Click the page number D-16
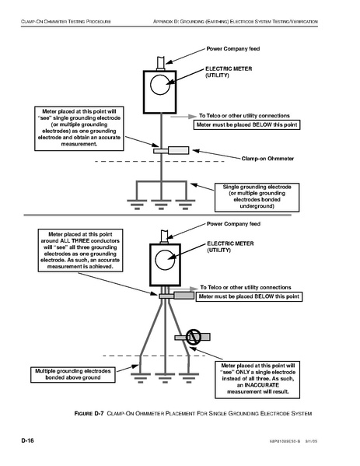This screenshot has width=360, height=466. [x=28, y=440]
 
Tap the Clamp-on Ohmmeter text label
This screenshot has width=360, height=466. [x=267, y=159]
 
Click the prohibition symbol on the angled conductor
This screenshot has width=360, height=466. [x=194, y=336]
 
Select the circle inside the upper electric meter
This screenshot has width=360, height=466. [x=160, y=85]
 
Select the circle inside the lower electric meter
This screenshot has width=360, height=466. [x=165, y=260]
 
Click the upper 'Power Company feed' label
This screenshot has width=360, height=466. [x=233, y=49]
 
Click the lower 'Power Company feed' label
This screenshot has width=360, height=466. [x=233, y=224]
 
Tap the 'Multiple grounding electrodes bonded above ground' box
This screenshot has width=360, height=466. [x=73, y=374]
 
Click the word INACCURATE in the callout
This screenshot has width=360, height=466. [x=262, y=385]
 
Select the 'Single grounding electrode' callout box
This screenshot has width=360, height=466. [x=257, y=198]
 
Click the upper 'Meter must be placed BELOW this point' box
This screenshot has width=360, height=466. [x=246, y=124]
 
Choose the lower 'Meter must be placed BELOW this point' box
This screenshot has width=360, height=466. [x=249, y=296]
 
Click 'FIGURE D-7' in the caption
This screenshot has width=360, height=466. [x=89, y=413]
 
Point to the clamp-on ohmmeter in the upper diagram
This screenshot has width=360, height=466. [x=171, y=150]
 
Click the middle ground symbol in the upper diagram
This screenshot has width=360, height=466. [x=161, y=205]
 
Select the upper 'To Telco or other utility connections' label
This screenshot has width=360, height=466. [x=244, y=116]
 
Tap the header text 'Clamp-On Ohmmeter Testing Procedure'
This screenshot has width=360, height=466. [x=66, y=22]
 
